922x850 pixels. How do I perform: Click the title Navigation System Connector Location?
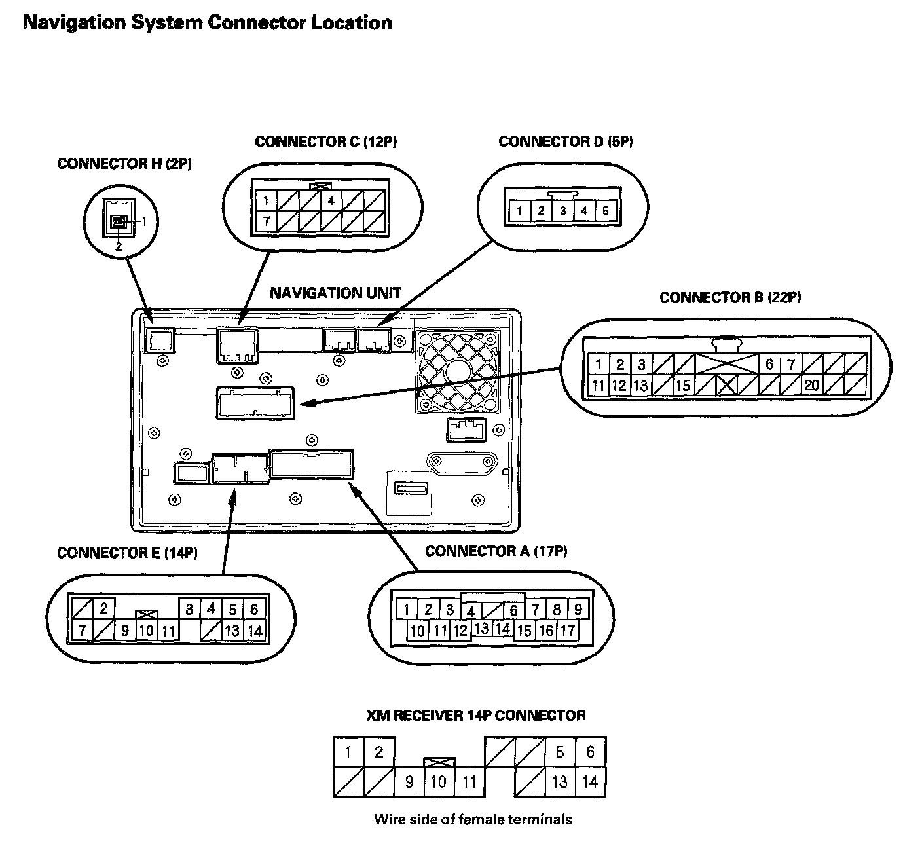pos(207,23)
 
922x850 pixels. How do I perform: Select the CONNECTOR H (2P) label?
pos(124,164)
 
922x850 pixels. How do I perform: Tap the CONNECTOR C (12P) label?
pos(325,142)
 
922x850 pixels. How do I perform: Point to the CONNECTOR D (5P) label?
pos(565,142)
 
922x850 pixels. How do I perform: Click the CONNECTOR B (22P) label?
pos(730,298)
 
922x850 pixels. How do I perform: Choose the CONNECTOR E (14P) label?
pos(127,553)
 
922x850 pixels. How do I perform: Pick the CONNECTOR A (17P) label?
pos(496,551)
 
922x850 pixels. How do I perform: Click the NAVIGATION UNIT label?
pos(335,293)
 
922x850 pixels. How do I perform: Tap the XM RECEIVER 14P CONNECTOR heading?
pos(475,715)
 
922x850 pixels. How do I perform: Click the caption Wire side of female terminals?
pos(473,819)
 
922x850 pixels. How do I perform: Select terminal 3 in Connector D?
pos(562,211)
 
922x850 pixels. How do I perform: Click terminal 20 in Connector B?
pos(812,385)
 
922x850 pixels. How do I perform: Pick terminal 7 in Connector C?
pos(267,221)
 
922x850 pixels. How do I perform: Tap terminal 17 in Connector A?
pos(567,631)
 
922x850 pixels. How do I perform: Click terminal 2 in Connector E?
pos(103,609)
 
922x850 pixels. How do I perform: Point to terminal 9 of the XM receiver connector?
pos(409,782)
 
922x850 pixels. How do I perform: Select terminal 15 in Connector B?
pos(683,385)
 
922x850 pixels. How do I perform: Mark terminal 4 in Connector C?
pos(331,200)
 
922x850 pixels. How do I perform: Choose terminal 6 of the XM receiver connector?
pos(590,752)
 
